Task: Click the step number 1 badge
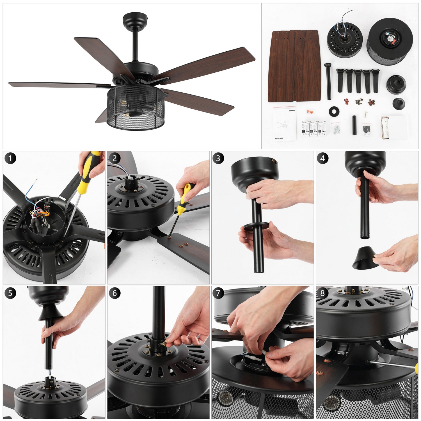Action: (10, 158)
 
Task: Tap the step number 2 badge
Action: (115, 158)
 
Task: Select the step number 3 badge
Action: (218, 158)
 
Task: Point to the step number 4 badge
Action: (322, 158)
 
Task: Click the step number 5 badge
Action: (10, 293)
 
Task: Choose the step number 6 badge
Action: (115, 293)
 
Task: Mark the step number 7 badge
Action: (218, 293)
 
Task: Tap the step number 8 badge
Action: (322, 293)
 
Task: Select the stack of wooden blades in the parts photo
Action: (295, 66)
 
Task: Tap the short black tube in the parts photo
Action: (354, 125)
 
